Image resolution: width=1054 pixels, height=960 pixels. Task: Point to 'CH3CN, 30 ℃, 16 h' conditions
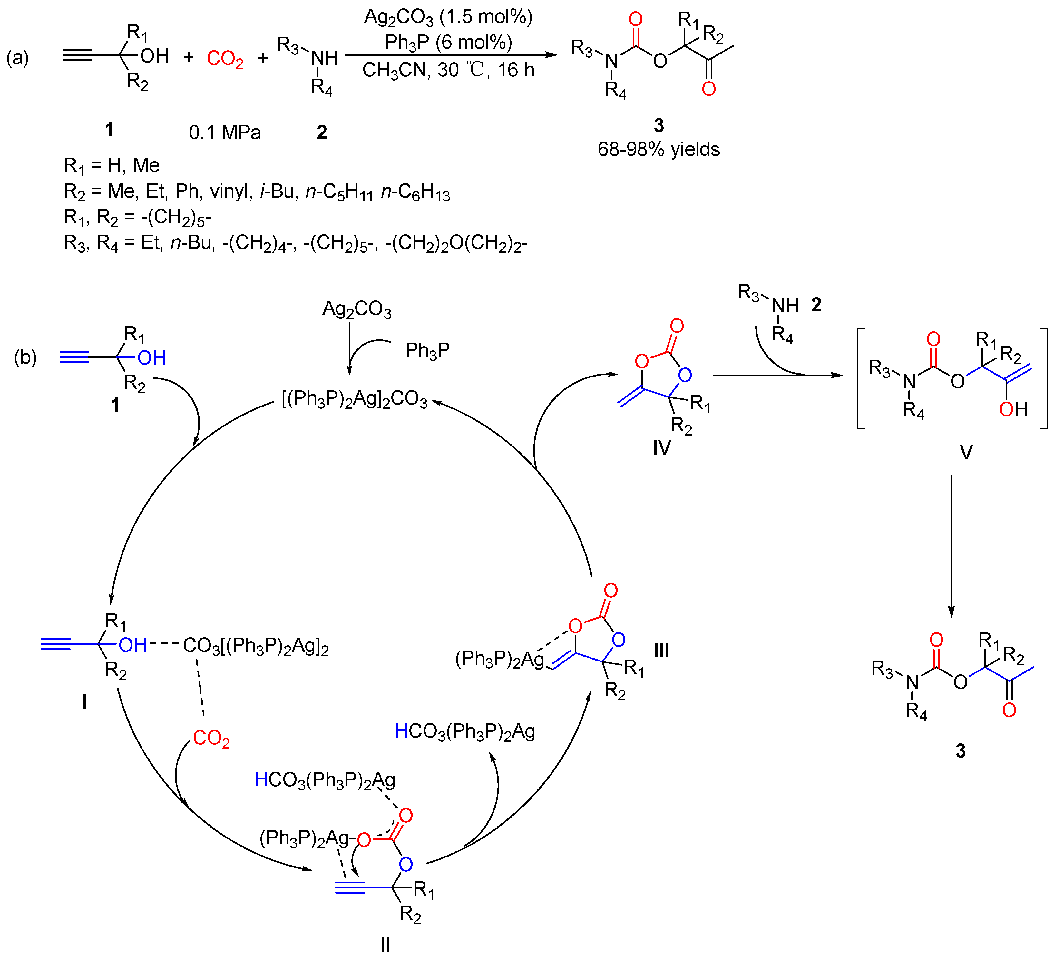[x=448, y=70]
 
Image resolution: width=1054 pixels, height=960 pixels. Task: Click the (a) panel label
[x=17, y=57]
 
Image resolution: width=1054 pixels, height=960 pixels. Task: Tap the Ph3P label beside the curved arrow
[x=427, y=350]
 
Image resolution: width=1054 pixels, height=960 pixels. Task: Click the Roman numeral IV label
[x=661, y=447]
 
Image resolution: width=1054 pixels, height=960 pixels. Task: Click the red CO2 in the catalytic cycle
[x=211, y=738]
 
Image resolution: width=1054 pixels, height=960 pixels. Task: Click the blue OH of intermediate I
[x=133, y=645]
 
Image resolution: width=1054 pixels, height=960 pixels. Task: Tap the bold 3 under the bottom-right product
[x=961, y=751]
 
